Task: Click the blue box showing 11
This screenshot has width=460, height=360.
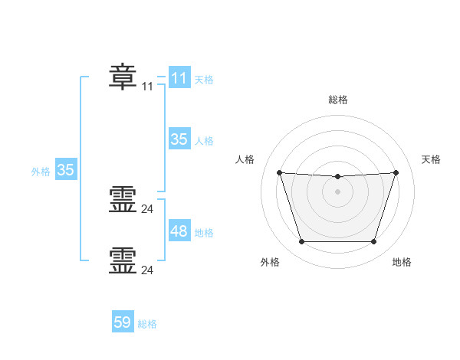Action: click(x=179, y=78)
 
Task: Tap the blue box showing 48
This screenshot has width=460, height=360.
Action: click(x=179, y=231)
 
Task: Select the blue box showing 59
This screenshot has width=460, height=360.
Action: click(x=122, y=322)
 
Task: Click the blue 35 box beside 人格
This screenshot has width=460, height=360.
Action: click(x=179, y=139)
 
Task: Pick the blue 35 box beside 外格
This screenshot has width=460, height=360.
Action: click(x=65, y=170)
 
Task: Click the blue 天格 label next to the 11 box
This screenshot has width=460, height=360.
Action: click(x=204, y=80)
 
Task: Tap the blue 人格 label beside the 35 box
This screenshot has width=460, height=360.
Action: click(x=204, y=141)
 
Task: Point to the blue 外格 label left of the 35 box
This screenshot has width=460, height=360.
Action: click(x=41, y=172)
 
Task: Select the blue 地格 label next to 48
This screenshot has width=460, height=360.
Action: click(x=204, y=233)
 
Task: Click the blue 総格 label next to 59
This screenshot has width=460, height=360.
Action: click(x=147, y=324)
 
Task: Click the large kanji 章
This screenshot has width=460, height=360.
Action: click(x=123, y=77)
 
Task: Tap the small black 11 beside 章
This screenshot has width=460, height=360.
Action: click(x=148, y=87)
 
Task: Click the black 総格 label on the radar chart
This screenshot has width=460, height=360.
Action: click(x=338, y=100)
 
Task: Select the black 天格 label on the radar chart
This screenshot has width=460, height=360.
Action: click(x=432, y=159)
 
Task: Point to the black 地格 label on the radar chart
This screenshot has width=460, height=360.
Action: click(x=402, y=262)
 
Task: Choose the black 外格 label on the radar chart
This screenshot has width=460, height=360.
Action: click(x=270, y=262)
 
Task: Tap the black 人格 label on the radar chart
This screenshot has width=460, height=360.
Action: click(x=245, y=159)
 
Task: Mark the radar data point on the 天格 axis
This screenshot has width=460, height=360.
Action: click(x=396, y=172)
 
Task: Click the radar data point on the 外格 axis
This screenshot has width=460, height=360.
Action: click(x=301, y=242)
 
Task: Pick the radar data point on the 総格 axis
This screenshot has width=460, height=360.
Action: click(x=337, y=177)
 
